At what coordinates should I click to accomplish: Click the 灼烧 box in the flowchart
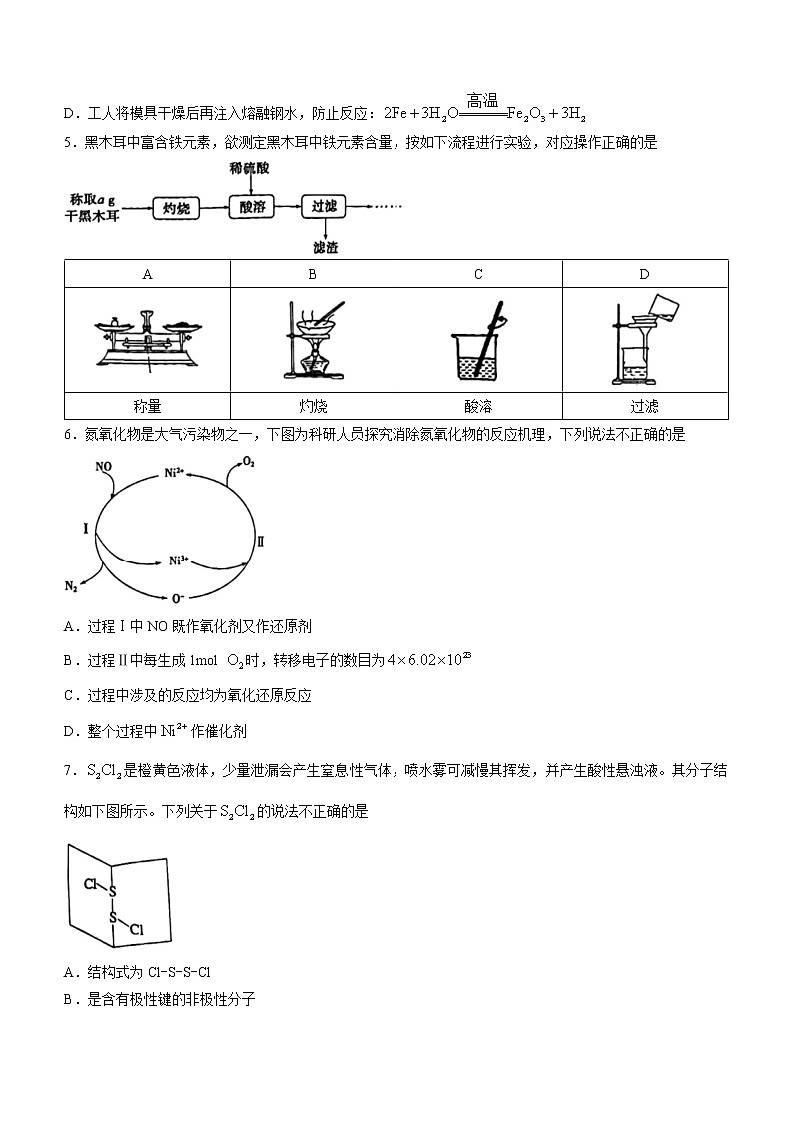[x=176, y=208]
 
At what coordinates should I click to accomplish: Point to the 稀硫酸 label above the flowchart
[x=249, y=168]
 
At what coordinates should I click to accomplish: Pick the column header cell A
[x=147, y=274]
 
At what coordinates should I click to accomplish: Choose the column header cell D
[x=644, y=274]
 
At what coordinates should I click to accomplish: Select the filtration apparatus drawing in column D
[x=640, y=340]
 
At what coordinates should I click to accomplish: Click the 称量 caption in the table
[x=147, y=407]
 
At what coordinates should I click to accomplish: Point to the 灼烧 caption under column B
[x=313, y=407]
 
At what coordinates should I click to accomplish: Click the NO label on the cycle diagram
[x=103, y=467]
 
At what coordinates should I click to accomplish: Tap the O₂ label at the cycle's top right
[x=249, y=463]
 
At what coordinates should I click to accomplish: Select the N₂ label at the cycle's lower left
[x=72, y=586]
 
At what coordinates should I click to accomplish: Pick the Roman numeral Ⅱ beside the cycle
[x=261, y=541]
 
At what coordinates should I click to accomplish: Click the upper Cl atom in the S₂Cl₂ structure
[x=90, y=884]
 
